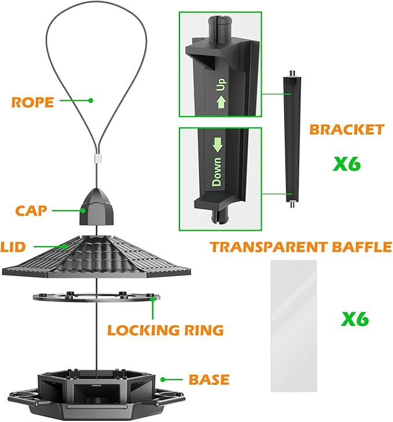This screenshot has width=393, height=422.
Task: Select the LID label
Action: [x=13, y=248]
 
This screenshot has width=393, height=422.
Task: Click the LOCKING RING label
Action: [x=166, y=330]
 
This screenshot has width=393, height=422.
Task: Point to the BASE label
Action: [x=209, y=380]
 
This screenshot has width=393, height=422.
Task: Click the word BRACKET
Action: [x=347, y=129]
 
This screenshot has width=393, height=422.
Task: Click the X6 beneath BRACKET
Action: [x=347, y=164]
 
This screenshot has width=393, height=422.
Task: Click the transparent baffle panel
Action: [x=293, y=324]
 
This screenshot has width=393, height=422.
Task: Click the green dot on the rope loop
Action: [x=90, y=101]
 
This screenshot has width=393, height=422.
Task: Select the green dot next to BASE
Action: [x=164, y=380]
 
